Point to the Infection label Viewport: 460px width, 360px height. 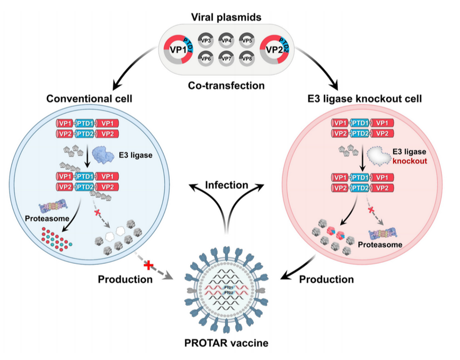click(x=228, y=185)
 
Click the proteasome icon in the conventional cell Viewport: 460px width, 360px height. click(x=55, y=208)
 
